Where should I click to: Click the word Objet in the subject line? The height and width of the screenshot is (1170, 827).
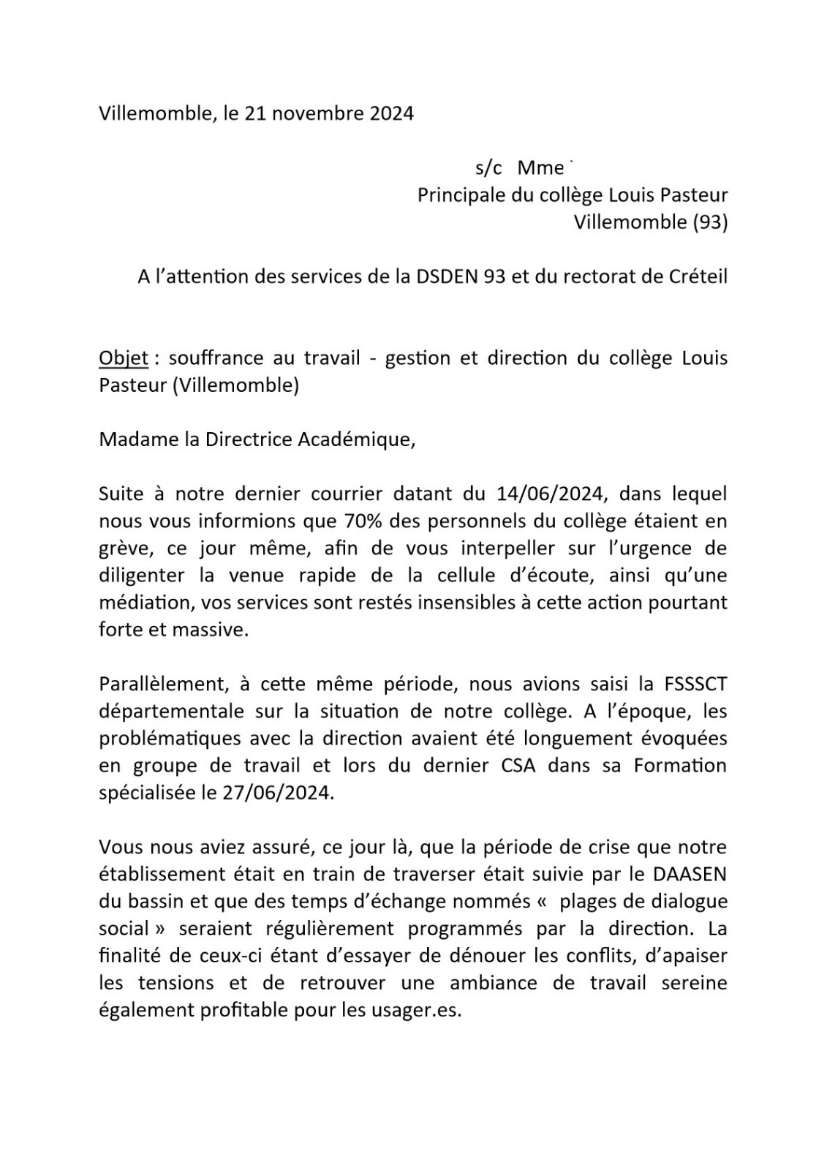pos(124,358)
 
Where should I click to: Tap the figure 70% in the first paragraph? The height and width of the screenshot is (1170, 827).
pos(360,521)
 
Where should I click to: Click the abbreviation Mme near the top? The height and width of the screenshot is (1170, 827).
pos(540,168)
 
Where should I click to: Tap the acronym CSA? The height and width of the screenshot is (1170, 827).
pos(521,766)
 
